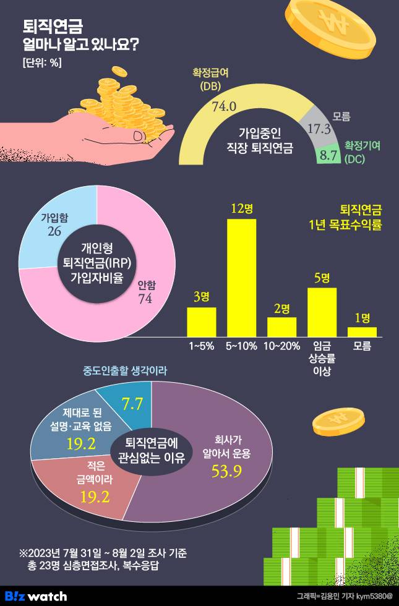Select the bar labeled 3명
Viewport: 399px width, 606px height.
pyautogui.click(x=202, y=322)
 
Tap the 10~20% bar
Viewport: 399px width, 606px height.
pyautogui.click(x=281, y=326)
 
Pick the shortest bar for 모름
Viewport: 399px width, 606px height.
pyautogui.click(x=362, y=331)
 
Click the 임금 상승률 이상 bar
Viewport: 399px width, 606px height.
pyautogui.click(x=322, y=312)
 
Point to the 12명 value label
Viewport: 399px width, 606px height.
pyautogui.click(x=242, y=208)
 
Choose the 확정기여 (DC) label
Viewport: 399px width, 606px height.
pyautogui.click(x=363, y=152)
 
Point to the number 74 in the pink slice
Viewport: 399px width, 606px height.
pyautogui.click(x=145, y=299)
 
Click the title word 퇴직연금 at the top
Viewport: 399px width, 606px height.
pyautogui.click(x=53, y=26)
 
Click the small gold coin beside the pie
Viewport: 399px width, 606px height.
pyautogui.click(x=335, y=420)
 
